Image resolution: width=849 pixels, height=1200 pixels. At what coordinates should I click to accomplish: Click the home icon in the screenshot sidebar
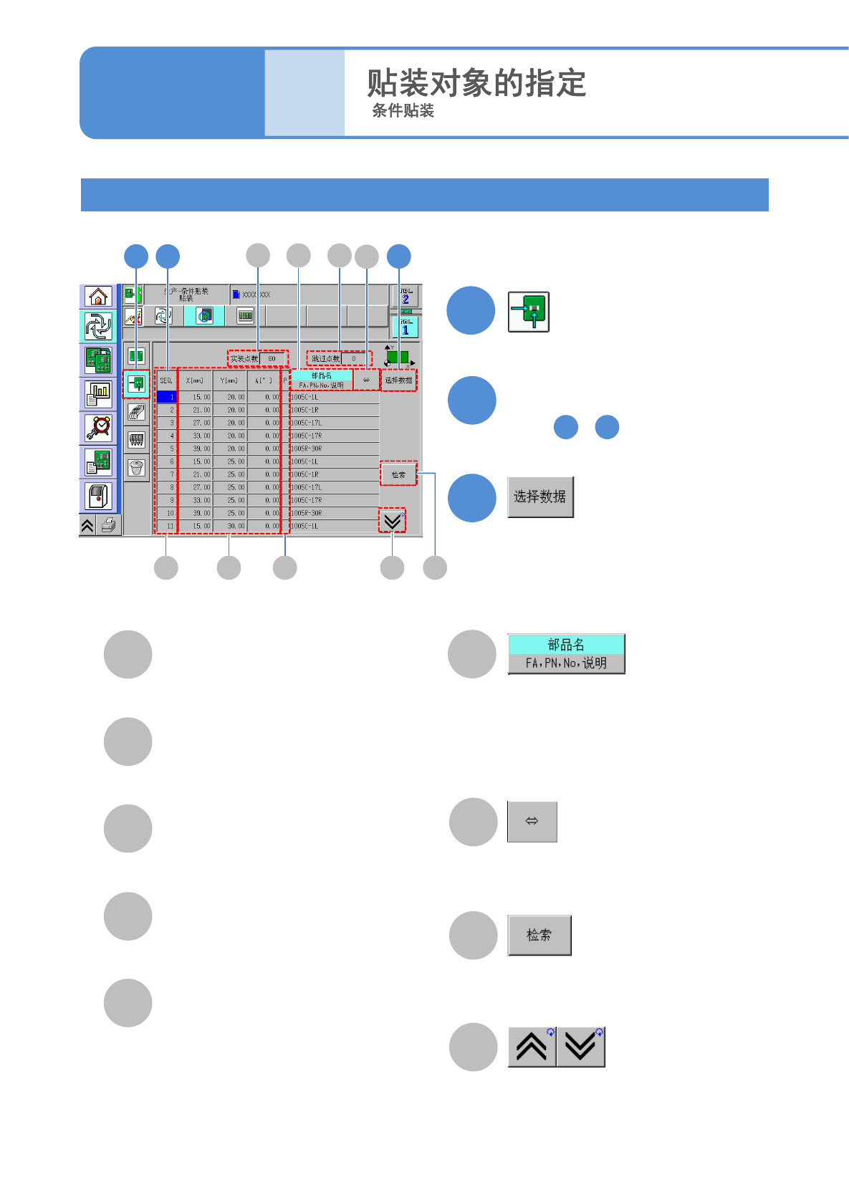98,296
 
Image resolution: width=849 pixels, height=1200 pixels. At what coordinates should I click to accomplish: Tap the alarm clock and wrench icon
98,428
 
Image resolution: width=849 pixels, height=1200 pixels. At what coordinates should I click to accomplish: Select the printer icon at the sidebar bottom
108,526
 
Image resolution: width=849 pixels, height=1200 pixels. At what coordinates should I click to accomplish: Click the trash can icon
136,468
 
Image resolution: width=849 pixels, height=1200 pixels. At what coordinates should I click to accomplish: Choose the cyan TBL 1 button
406,327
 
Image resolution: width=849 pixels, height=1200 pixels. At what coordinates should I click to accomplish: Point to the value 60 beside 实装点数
272,358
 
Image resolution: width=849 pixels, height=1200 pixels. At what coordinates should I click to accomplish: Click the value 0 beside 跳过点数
354,358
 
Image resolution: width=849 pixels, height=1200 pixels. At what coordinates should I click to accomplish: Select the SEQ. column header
166,380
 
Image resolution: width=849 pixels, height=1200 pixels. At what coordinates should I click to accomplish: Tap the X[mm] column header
195,380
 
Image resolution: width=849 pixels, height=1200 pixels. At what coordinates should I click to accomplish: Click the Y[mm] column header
229,380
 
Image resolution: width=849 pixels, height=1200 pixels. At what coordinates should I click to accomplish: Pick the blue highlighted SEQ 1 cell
166,397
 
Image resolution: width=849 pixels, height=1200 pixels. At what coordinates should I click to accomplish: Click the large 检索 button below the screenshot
539,935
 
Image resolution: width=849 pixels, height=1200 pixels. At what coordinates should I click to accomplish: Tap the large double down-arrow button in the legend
581,1047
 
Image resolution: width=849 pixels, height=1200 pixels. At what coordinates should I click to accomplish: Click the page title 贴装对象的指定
476,83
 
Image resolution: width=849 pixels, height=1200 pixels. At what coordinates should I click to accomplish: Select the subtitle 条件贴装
403,111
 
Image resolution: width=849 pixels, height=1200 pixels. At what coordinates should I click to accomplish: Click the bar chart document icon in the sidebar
98,394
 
